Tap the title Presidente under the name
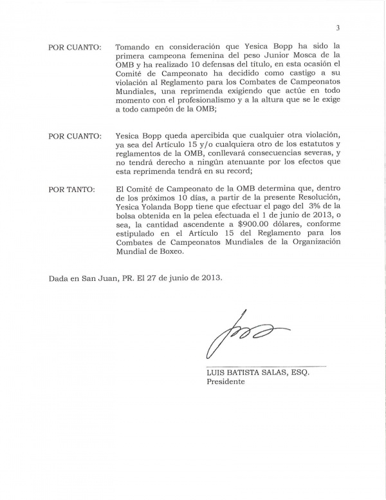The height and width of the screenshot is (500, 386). [226, 381]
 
